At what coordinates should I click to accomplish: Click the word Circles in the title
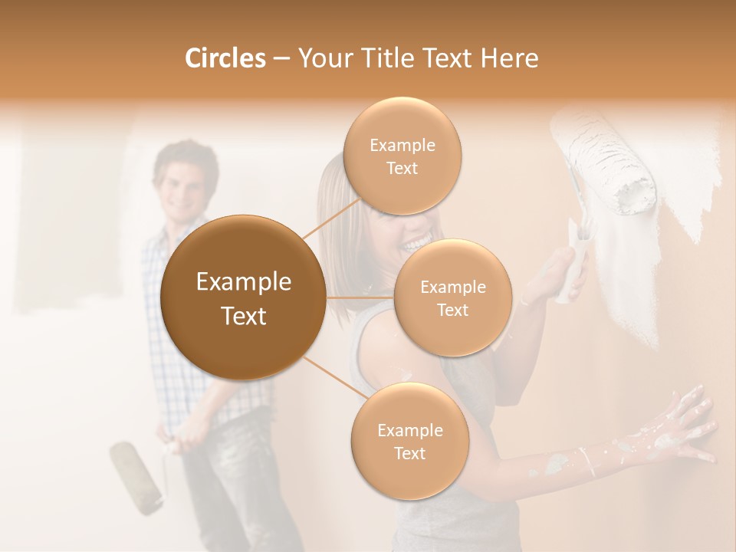tap(225, 58)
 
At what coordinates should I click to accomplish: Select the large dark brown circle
tap(243, 297)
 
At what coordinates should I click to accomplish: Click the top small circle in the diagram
tap(402, 156)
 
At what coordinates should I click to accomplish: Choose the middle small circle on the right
tap(452, 297)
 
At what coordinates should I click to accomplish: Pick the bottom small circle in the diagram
tap(409, 441)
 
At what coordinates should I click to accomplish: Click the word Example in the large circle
tap(243, 282)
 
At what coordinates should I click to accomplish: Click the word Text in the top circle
tap(402, 169)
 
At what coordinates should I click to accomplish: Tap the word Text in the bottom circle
tap(409, 453)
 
